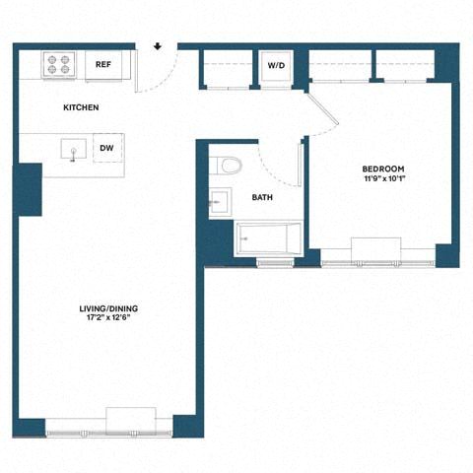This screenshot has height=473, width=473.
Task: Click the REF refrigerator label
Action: (x=101, y=65)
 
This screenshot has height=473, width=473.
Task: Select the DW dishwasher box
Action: (x=106, y=149)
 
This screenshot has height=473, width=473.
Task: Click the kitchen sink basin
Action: (x=70, y=150)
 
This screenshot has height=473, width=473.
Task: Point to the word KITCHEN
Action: (x=81, y=107)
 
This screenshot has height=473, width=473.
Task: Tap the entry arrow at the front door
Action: (x=158, y=45)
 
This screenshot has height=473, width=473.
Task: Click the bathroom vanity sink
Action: (x=219, y=202)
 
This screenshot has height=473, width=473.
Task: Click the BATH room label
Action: (x=262, y=198)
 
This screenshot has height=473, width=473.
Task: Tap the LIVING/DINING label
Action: (x=108, y=309)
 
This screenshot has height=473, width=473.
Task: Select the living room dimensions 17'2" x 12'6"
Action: (x=108, y=320)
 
